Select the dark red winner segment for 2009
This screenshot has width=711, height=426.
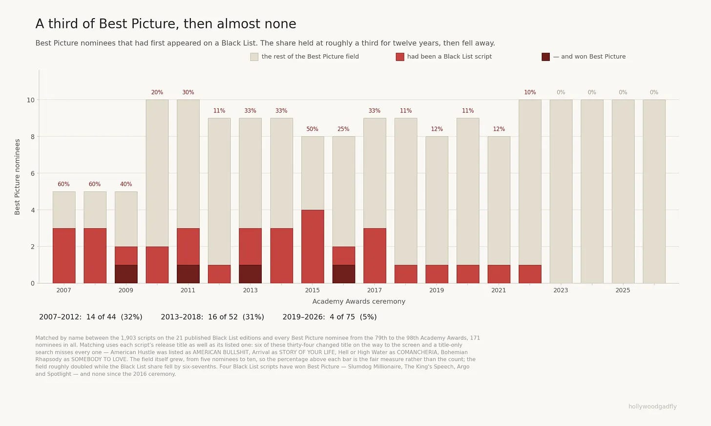pos(126,274)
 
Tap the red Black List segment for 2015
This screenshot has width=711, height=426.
pos(313,246)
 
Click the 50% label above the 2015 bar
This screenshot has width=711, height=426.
pos(313,129)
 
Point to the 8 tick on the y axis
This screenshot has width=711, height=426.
pos(32,136)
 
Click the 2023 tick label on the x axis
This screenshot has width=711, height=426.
pos(561,290)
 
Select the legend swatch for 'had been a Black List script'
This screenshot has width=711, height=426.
pos(400,57)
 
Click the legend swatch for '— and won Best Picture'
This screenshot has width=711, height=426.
pos(545,57)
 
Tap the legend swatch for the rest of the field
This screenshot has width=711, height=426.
pos(254,57)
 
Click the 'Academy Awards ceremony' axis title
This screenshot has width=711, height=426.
pos(358,301)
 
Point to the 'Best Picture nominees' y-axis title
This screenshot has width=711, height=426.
pos(17,177)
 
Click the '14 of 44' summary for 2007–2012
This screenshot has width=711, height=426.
pos(101,317)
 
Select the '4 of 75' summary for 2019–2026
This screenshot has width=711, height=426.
pos(342,317)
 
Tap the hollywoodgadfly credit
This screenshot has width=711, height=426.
pos(652,406)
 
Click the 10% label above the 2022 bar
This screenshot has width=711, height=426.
pos(530,92)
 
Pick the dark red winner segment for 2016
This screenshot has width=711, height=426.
pos(344,274)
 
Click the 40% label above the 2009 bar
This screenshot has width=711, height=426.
pos(126,184)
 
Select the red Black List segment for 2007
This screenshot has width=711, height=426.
pos(64,256)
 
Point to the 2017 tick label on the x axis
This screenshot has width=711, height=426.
pos(374,290)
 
